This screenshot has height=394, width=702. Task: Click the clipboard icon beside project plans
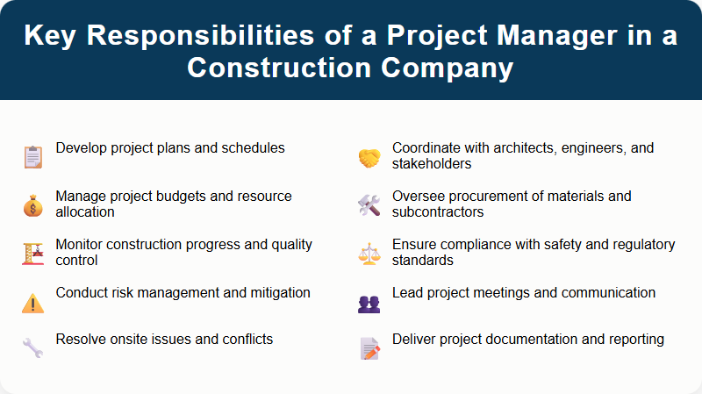tap(32, 157)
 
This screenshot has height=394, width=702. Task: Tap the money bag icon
tap(32, 205)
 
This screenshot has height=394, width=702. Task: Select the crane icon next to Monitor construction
tap(32, 254)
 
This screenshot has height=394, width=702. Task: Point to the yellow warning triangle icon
tap(32, 303)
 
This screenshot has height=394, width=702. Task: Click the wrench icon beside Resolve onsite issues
tap(32, 349)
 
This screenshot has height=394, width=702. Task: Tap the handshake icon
tap(369, 158)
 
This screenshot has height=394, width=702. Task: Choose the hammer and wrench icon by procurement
tap(369, 205)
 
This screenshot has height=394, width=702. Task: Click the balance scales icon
tap(369, 254)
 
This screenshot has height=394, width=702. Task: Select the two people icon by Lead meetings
tap(369, 303)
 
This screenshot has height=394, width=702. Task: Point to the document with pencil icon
tap(369, 349)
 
